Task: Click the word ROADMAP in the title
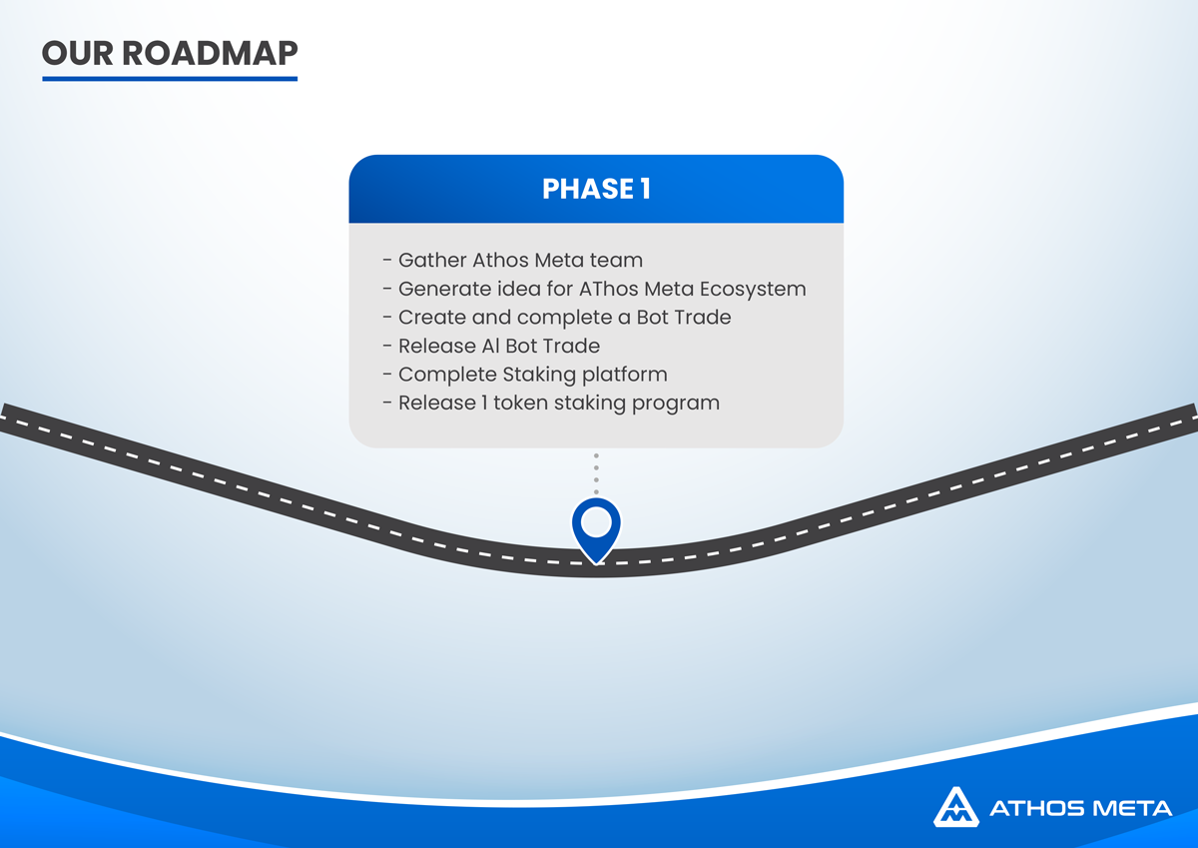pyautogui.click(x=210, y=53)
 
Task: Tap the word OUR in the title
pyautogui.click(x=78, y=53)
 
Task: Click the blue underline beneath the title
pyautogui.click(x=170, y=79)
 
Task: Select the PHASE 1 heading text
pyautogui.click(x=596, y=189)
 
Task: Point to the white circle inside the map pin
pyautogui.click(x=596, y=521)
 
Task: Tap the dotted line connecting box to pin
pyautogui.click(x=596, y=473)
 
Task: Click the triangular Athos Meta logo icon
pyautogui.click(x=956, y=807)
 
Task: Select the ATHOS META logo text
pyautogui.click(x=1081, y=808)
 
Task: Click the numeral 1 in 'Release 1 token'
pyautogui.click(x=484, y=403)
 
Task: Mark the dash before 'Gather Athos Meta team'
pyautogui.click(x=387, y=261)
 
